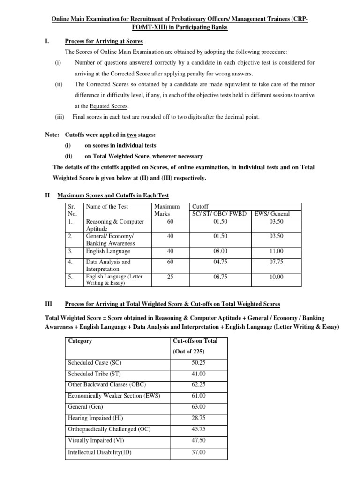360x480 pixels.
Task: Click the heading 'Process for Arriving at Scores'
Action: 104,41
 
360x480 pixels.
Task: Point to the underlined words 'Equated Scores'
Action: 109,106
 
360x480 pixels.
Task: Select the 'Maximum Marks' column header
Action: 166,210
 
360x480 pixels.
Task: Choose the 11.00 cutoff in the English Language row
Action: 276,251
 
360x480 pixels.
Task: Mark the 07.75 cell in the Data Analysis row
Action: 276,262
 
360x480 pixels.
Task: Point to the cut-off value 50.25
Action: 199,362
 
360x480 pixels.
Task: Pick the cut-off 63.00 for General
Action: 199,406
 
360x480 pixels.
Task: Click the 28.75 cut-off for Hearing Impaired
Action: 199,418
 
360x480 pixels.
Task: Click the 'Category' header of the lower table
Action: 80,341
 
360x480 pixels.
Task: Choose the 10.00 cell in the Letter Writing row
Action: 276,277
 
